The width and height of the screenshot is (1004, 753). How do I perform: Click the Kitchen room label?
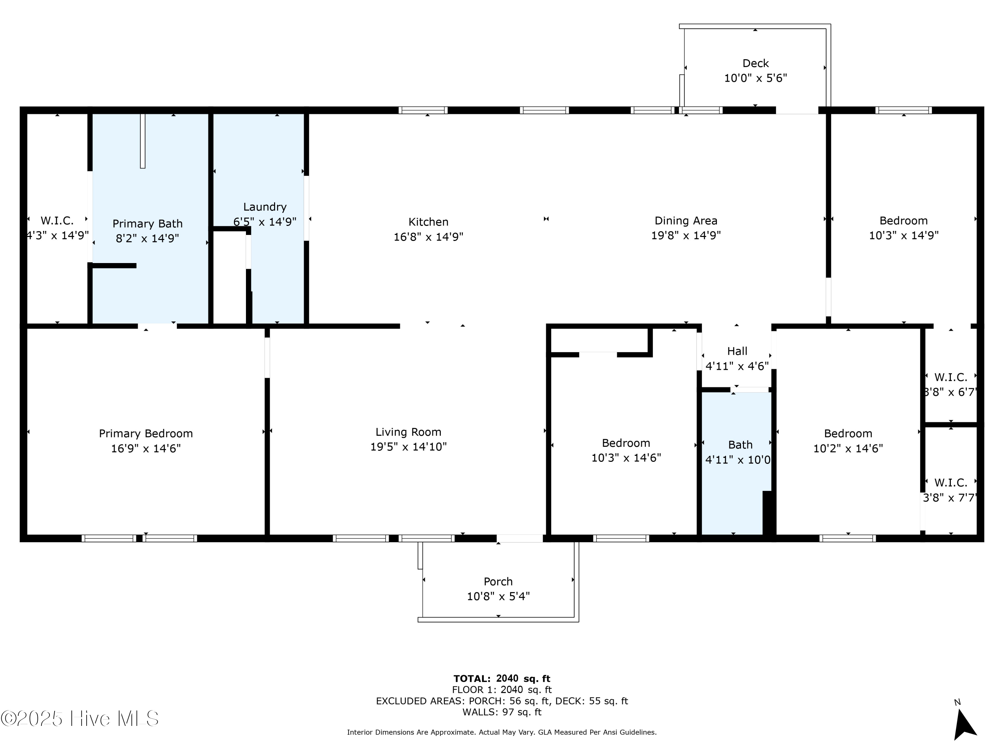428,222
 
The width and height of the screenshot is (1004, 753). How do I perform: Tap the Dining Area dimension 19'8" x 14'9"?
685,236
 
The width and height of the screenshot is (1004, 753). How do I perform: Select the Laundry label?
265,207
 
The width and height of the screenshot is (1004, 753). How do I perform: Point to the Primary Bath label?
148,224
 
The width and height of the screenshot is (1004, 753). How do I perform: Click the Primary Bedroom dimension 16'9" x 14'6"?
146,448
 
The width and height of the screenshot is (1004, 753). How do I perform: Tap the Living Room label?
408,432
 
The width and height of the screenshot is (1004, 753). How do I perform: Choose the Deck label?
755,63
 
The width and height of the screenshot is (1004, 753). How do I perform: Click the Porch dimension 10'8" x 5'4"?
498,596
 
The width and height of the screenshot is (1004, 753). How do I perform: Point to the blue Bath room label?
740,445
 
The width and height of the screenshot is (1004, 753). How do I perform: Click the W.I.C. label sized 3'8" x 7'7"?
950,483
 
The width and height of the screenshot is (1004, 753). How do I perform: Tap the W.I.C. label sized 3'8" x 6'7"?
950,377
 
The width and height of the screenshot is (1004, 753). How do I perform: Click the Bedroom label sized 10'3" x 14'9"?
903,221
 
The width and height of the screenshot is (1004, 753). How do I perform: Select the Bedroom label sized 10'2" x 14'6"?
848,433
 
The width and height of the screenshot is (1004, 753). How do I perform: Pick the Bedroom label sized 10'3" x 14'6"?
625,443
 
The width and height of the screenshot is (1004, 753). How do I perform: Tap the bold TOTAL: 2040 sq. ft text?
502,679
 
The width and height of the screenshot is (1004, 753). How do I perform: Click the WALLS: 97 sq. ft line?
502,712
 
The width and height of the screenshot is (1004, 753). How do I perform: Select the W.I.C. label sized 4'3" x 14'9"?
57,221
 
